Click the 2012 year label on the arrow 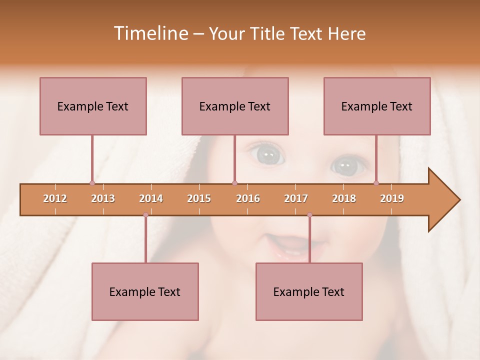pos(55,198)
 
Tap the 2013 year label pos(103,198)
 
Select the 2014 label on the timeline pos(151,198)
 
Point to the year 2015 pos(199,198)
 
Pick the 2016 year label pos(248,198)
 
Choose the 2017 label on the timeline pos(296,198)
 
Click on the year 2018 pos(344,198)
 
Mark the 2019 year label pos(392,198)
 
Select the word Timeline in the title pos(149,33)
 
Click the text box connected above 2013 pos(93,106)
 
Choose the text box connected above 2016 pos(235,106)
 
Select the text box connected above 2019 pos(377,106)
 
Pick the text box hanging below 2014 pos(145,291)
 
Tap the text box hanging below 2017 pos(309,291)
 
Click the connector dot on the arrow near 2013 pos(92,183)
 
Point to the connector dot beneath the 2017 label pos(309,215)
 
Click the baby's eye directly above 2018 pos(346,165)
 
